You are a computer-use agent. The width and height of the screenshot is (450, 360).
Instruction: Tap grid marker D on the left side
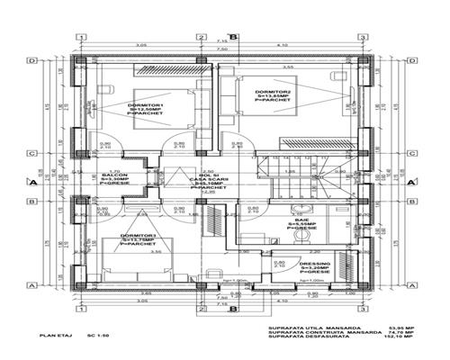pyautogui.click(x=33, y=61)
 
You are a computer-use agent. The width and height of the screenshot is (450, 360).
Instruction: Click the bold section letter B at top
pyautogui.click(x=233, y=36)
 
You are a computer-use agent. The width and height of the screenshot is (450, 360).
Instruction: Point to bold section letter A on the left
pyautogui.click(x=32, y=182)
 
